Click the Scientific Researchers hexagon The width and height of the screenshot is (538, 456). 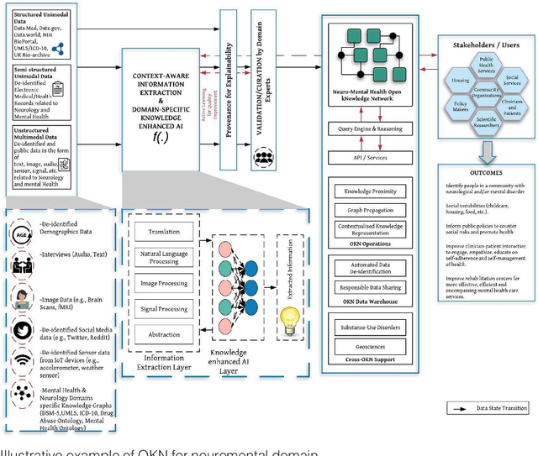pos(486,122)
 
